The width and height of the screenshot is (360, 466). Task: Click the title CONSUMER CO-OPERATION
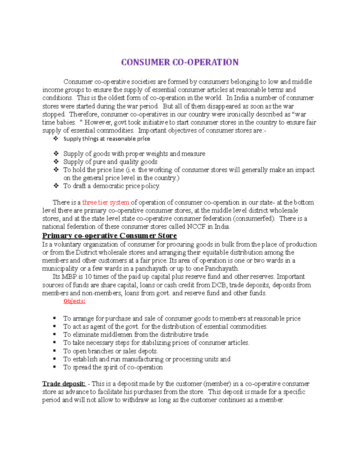(180, 62)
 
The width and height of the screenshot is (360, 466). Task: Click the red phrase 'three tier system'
(106, 203)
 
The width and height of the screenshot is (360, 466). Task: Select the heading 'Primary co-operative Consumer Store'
(109, 236)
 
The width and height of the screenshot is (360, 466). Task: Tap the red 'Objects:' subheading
(74, 301)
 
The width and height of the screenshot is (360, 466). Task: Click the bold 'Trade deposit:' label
(64, 384)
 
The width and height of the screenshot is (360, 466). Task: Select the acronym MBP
(69, 277)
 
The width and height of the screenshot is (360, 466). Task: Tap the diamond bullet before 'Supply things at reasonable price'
(55, 139)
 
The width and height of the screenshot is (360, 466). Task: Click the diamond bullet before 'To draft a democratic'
(55, 186)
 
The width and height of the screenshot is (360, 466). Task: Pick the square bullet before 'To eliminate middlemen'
(55, 334)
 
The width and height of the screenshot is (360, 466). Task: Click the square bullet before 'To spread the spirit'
(55, 367)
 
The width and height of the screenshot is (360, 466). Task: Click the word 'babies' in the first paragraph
(67, 122)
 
